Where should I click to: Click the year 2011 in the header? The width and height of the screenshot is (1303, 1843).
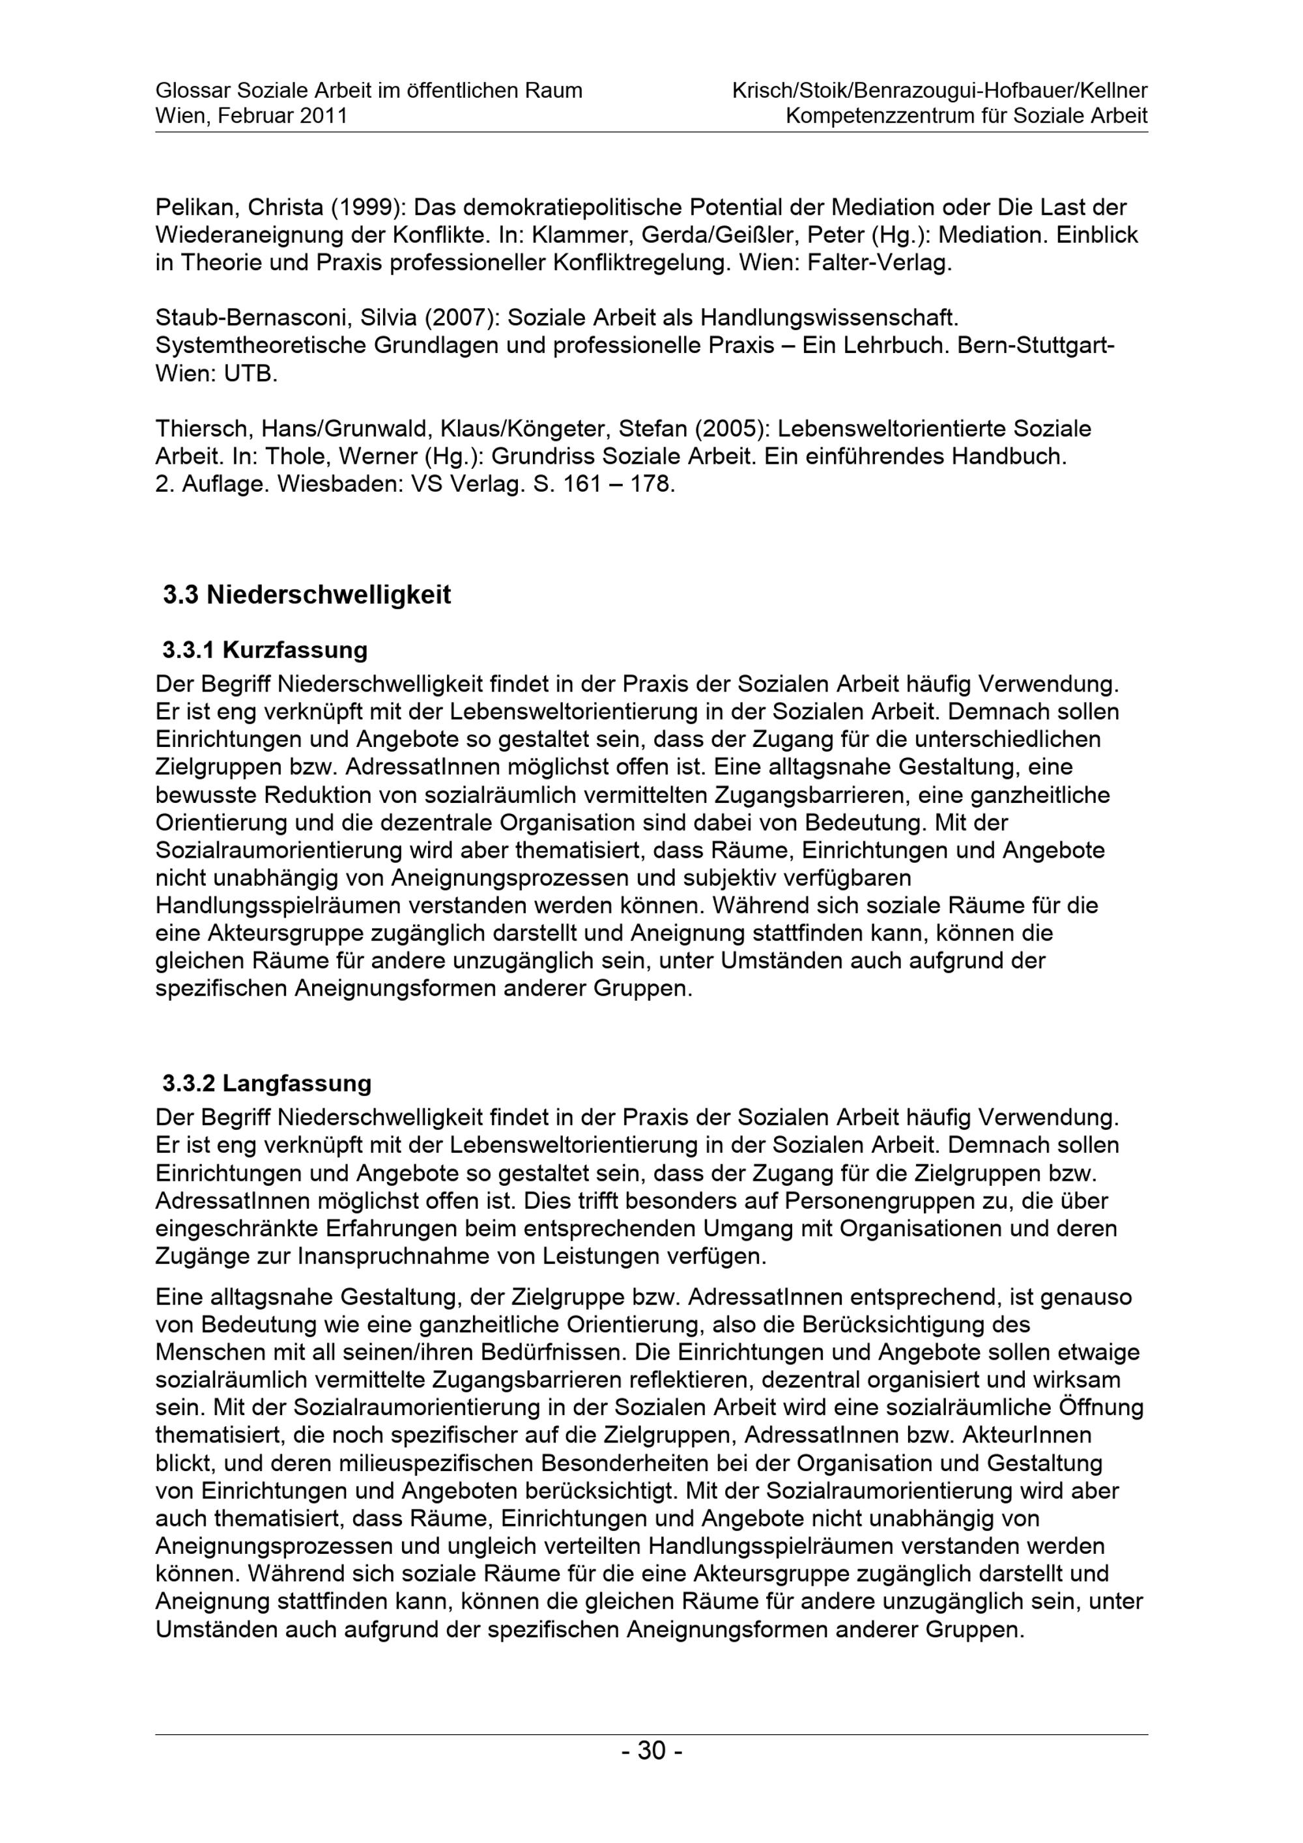click(324, 117)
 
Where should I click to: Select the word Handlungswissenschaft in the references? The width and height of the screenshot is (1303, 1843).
click(829, 318)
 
